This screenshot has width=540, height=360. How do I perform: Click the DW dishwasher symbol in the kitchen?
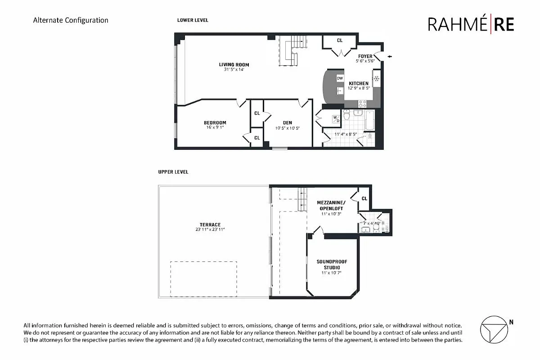click(340, 78)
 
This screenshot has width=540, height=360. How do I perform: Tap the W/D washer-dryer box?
click(336, 119)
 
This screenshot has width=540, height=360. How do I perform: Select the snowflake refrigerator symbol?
click(377, 79)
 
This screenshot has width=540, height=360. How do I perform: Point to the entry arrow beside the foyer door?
click(390, 57)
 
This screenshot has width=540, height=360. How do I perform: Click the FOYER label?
click(365, 56)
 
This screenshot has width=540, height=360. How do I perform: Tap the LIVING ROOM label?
click(234, 65)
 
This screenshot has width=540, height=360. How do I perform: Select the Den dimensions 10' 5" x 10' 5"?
click(288, 128)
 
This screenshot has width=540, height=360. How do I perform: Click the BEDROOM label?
click(215, 122)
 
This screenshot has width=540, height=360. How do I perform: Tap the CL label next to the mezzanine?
click(364, 198)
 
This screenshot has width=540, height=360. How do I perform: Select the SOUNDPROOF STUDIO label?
click(332, 265)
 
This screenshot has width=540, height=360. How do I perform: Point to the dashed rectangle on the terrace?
click(203, 279)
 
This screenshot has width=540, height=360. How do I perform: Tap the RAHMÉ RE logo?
click(471, 24)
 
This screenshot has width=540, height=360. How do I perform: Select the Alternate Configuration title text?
click(71, 20)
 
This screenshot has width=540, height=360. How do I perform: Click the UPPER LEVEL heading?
click(173, 172)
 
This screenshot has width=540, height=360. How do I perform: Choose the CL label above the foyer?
click(340, 40)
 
